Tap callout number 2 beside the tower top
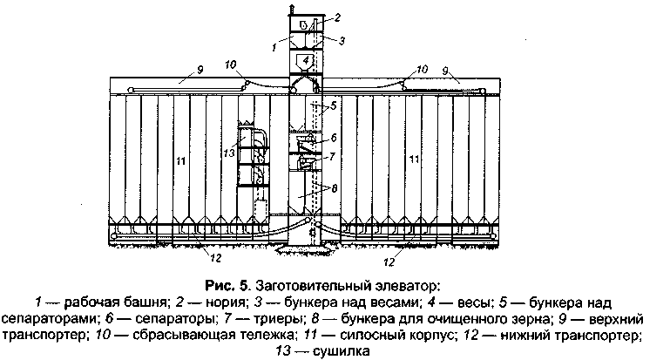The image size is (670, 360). (x=338, y=17)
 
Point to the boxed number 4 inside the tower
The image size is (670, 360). (x=307, y=59)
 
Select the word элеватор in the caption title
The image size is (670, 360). (x=410, y=285)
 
